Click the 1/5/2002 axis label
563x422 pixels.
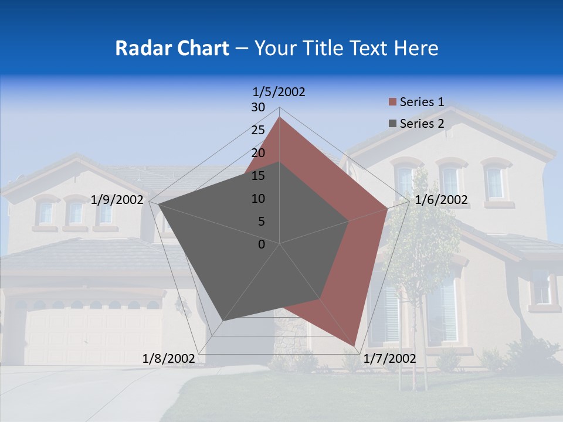tap(279, 91)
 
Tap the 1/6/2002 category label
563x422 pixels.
tap(441, 200)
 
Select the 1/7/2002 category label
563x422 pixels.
tap(389, 359)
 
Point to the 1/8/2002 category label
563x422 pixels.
tap(169, 359)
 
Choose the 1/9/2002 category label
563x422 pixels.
tap(117, 200)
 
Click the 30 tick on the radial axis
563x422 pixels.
tap(258, 107)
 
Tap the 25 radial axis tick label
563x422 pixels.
tap(258, 130)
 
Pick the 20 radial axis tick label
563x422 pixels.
tap(258, 153)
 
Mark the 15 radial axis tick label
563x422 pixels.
tap(258, 176)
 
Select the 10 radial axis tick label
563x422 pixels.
tap(258, 199)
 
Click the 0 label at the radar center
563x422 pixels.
tap(262, 244)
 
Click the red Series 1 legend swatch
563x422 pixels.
tap(392, 103)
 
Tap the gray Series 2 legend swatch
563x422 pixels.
tap(392, 124)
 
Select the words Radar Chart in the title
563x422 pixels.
tap(172, 48)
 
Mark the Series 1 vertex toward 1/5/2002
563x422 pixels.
tap(279, 117)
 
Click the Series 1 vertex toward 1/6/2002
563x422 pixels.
tap(387, 207)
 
